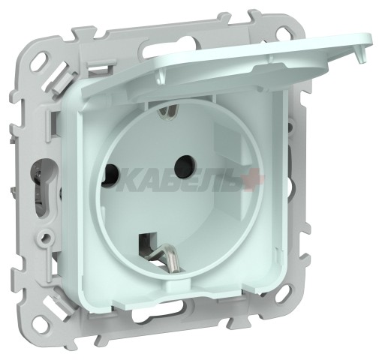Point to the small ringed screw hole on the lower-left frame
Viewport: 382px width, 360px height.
pyautogui.click(x=47, y=240)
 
